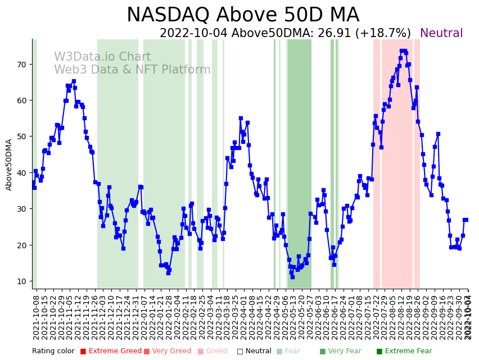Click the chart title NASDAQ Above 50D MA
[242, 15]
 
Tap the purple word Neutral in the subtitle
[441, 34]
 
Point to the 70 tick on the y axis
[21, 65]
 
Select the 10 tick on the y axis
[21, 281]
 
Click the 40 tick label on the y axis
[21, 173]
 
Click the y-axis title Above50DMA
[9, 165]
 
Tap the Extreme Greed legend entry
[110, 352]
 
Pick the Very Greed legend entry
[168, 352]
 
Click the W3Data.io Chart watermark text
[102, 57]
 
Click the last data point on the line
[466, 220]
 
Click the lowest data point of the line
[292, 277]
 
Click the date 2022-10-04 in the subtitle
[194, 34]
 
